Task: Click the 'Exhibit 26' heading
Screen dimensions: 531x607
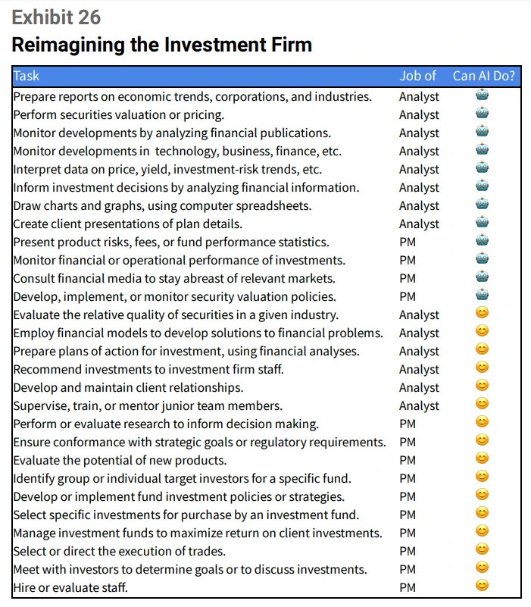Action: pyautogui.click(x=56, y=17)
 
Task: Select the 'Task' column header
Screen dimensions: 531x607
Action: pyautogui.click(x=27, y=76)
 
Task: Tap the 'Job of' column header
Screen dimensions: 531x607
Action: pyautogui.click(x=417, y=76)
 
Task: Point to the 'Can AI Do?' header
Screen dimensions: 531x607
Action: pyautogui.click(x=484, y=76)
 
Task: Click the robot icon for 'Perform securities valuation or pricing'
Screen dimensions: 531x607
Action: pyautogui.click(x=483, y=114)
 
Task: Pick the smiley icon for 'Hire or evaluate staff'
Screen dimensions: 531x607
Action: pyautogui.click(x=483, y=586)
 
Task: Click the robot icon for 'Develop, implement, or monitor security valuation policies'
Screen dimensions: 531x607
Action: pyautogui.click(x=483, y=295)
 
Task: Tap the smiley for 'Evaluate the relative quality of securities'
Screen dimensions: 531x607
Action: pyautogui.click(x=483, y=313)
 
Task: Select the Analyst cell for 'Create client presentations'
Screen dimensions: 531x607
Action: pyautogui.click(x=419, y=224)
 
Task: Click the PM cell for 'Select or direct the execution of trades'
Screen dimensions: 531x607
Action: pyautogui.click(x=408, y=551)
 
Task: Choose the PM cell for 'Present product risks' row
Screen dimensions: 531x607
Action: pyautogui.click(x=408, y=242)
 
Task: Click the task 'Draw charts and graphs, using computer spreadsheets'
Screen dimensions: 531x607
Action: pyautogui.click(x=162, y=206)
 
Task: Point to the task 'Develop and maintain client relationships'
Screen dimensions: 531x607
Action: pyautogui.click(x=128, y=388)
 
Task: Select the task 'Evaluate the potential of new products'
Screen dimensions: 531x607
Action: pyautogui.click(x=120, y=461)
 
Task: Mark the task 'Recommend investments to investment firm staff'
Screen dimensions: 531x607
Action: pyautogui.click(x=148, y=370)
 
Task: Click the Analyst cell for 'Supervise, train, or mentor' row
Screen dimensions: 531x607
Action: pyautogui.click(x=419, y=406)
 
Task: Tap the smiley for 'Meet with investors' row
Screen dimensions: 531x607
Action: pyautogui.click(x=483, y=568)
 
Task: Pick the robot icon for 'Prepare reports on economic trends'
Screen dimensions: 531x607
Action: pyautogui.click(x=483, y=95)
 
